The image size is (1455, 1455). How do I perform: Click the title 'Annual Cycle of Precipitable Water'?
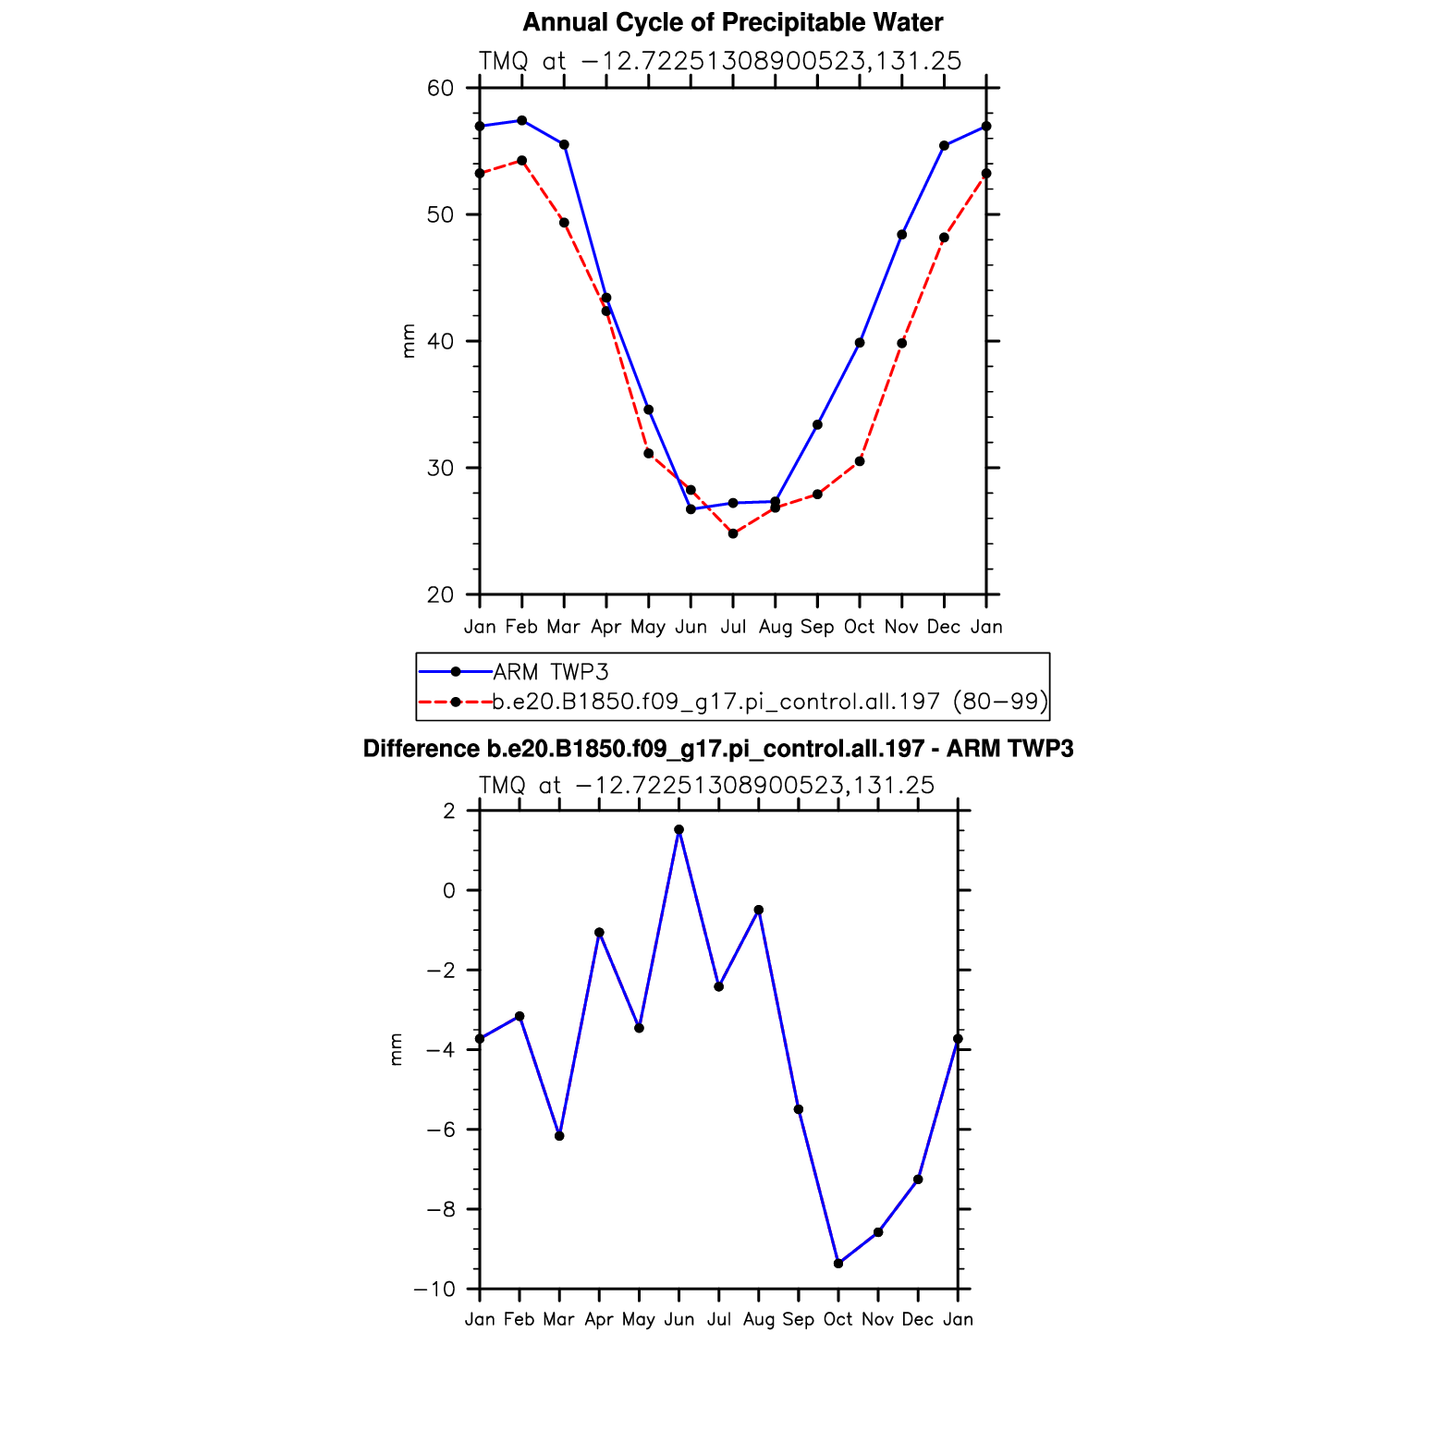point(732,22)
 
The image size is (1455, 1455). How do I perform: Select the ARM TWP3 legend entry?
point(550,672)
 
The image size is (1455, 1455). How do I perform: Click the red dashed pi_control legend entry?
point(769,703)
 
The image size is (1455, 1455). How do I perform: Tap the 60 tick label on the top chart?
point(441,89)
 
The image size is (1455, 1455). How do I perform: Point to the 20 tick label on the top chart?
point(441,594)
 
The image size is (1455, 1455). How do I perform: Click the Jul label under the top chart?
point(733,627)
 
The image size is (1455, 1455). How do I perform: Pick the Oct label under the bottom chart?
point(838,1319)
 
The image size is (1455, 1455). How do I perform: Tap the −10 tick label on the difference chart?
point(434,1289)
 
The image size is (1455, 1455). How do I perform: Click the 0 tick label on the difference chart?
point(449,890)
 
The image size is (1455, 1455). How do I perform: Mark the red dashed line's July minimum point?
point(733,533)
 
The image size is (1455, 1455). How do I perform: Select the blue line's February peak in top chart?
point(522,120)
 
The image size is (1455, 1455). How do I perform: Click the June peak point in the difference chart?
point(679,829)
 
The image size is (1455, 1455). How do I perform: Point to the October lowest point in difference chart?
point(838,1263)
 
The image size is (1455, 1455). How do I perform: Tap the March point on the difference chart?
point(559,1135)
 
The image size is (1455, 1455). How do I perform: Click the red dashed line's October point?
point(860,461)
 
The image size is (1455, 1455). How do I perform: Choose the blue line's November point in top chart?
point(902,235)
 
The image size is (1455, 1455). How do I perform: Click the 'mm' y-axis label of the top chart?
point(408,341)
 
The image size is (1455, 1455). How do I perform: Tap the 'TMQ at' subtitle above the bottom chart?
point(520,786)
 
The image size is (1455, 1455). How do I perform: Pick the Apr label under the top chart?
point(605,627)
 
